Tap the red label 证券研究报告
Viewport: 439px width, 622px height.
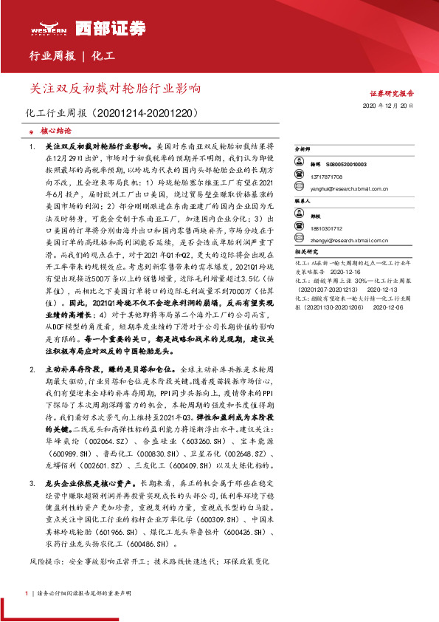click(x=392, y=95)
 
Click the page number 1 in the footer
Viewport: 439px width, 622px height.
click(x=27, y=592)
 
